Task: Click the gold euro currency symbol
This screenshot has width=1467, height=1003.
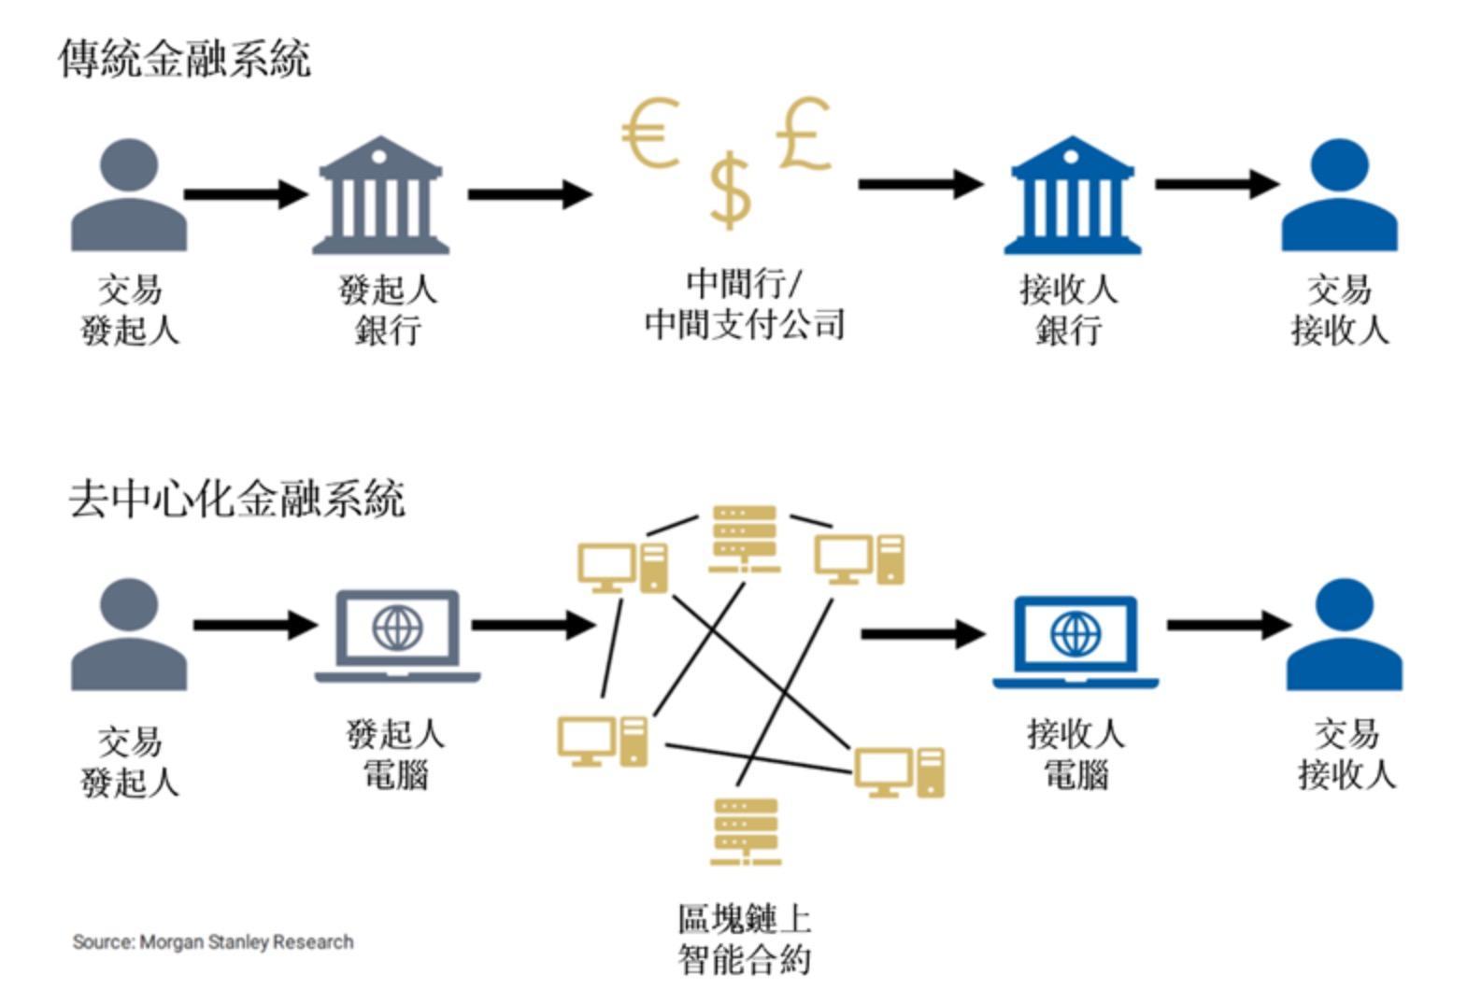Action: (649, 134)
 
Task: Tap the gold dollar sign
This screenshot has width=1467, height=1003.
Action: (729, 191)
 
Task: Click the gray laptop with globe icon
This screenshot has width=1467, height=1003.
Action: (397, 635)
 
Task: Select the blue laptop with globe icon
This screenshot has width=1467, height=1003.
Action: (1075, 641)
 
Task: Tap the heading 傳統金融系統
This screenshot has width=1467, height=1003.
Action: (184, 58)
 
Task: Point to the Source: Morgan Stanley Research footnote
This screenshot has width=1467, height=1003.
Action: (213, 941)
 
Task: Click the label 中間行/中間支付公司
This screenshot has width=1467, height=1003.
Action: (744, 304)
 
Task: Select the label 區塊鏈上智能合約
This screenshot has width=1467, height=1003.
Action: (744, 939)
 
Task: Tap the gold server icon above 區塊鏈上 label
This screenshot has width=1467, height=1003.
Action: (745, 831)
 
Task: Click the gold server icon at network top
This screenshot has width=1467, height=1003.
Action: (744, 538)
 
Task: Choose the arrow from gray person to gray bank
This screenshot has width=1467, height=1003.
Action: (245, 194)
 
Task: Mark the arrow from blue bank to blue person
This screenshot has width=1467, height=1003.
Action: (1216, 183)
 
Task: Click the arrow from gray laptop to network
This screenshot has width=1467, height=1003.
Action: (533, 624)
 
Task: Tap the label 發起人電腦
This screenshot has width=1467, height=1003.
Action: (395, 755)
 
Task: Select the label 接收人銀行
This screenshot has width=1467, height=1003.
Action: (1069, 309)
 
